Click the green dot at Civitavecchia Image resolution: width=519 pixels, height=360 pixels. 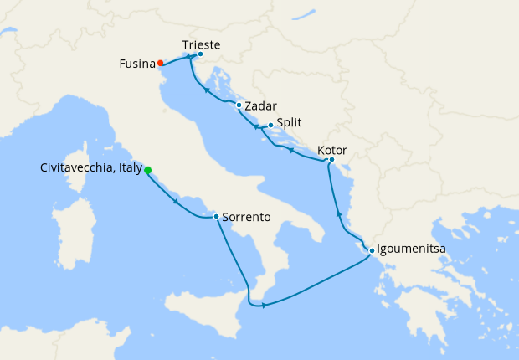pos(148,170)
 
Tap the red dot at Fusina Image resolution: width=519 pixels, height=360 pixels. pos(160,63)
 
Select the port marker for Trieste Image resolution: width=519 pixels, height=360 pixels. pos(200,54)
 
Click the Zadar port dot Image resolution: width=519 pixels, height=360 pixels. pos(239,105)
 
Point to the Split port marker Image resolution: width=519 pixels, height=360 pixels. pos(270,126)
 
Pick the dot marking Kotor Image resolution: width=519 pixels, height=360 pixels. pos(331,159)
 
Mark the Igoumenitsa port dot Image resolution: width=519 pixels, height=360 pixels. pos(371,250)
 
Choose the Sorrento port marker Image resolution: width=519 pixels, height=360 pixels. pos(217,217)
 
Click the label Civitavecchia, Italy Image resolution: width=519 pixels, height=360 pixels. pos(90,168)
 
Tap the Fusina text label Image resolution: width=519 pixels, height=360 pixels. pos(136,63)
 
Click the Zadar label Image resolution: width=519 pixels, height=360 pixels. pos(260,106)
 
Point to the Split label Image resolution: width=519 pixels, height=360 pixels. pos(289,121)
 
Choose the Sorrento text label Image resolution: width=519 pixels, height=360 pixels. pos(247,217)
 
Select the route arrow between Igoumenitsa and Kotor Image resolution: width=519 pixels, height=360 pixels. pos(339,215)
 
